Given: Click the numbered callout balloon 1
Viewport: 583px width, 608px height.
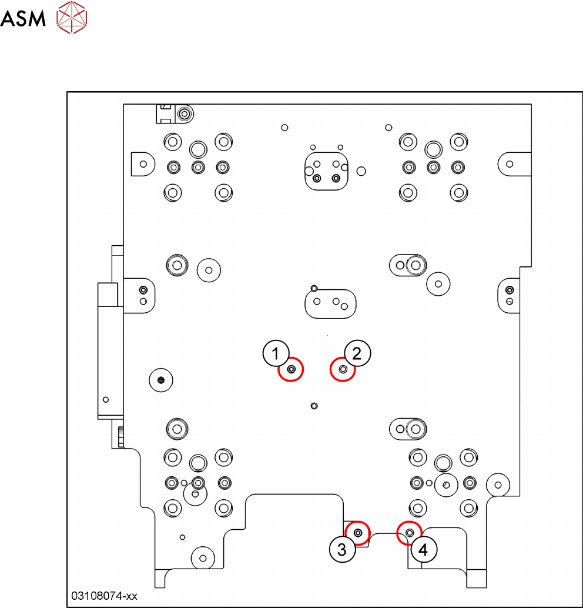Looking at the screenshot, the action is pos(276,353).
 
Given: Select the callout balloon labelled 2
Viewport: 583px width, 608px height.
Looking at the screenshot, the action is pos(357,353).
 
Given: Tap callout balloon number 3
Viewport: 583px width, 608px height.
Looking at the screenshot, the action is pos(342,549).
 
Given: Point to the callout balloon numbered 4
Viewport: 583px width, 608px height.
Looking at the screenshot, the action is pos(424,549).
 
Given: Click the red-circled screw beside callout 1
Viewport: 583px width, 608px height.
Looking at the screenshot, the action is pos(291,369).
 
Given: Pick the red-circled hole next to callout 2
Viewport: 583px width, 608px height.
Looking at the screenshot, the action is pos(343,369).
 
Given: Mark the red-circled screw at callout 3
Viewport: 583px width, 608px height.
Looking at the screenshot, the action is pos(358,533).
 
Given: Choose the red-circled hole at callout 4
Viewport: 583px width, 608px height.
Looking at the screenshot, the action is pos(410,533).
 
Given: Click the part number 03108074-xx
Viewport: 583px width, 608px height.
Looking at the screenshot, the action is pos(104,596).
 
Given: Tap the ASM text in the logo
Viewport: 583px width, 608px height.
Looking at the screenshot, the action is pos(23,19).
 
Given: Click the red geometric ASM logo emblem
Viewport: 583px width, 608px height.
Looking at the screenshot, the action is pos(72,17).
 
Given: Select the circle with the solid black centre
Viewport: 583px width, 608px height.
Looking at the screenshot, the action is pos(161,380).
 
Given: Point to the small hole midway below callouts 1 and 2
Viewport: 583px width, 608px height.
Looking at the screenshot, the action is pos(314,406).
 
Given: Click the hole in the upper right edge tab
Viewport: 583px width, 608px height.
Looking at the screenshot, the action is pos(510,164).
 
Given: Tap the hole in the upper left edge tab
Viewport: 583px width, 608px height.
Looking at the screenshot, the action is pos(143,164).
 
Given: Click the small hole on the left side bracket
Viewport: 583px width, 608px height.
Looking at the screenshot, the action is pos(106,399).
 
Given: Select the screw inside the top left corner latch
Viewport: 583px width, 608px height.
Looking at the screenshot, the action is pos(185,114).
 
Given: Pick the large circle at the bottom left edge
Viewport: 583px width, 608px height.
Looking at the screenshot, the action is pos(203,559).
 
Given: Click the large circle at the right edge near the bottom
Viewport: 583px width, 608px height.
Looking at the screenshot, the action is pos(498,485).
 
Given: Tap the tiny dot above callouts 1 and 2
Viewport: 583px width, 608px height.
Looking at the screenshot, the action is pos(327,335).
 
